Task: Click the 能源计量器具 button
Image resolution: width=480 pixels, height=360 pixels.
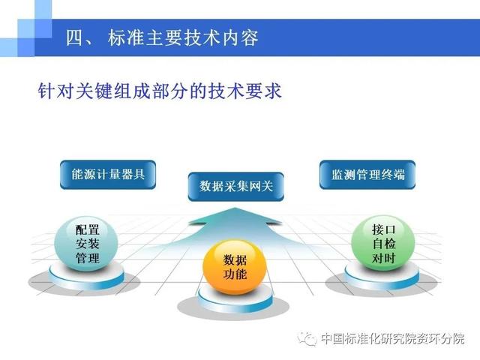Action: [108, 175]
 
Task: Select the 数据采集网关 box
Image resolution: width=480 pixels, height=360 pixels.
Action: [235, 187]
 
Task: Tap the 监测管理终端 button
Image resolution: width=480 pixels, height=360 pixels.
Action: [367, 175]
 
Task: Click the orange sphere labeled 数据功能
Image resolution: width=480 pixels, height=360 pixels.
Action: [235, 267]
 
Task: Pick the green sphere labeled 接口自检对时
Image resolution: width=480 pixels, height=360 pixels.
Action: [383, 243]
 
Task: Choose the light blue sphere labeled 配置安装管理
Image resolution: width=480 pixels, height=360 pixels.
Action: [86, 244]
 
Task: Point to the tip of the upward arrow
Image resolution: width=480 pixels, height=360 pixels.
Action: [235, 208]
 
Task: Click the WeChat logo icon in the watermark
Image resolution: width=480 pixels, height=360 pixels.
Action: [307, 339]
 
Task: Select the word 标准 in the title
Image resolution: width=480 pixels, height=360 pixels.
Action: [127, 38]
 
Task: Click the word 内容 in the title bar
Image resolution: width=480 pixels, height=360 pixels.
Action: [240, 38]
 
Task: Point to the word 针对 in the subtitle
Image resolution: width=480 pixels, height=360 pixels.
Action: [56, 91]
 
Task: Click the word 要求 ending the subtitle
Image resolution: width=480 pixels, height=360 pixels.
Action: [263, 91]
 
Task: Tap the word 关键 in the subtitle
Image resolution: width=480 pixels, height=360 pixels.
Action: [94, 91]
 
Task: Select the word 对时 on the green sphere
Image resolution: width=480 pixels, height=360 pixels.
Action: [384, 258]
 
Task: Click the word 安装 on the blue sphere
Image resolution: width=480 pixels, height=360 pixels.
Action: [88, 244]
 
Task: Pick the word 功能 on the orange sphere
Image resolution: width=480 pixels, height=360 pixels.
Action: [235, 274]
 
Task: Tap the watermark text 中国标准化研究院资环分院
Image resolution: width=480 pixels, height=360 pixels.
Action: [393, 339]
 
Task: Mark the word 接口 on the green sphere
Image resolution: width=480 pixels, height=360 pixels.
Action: [384, 229]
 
